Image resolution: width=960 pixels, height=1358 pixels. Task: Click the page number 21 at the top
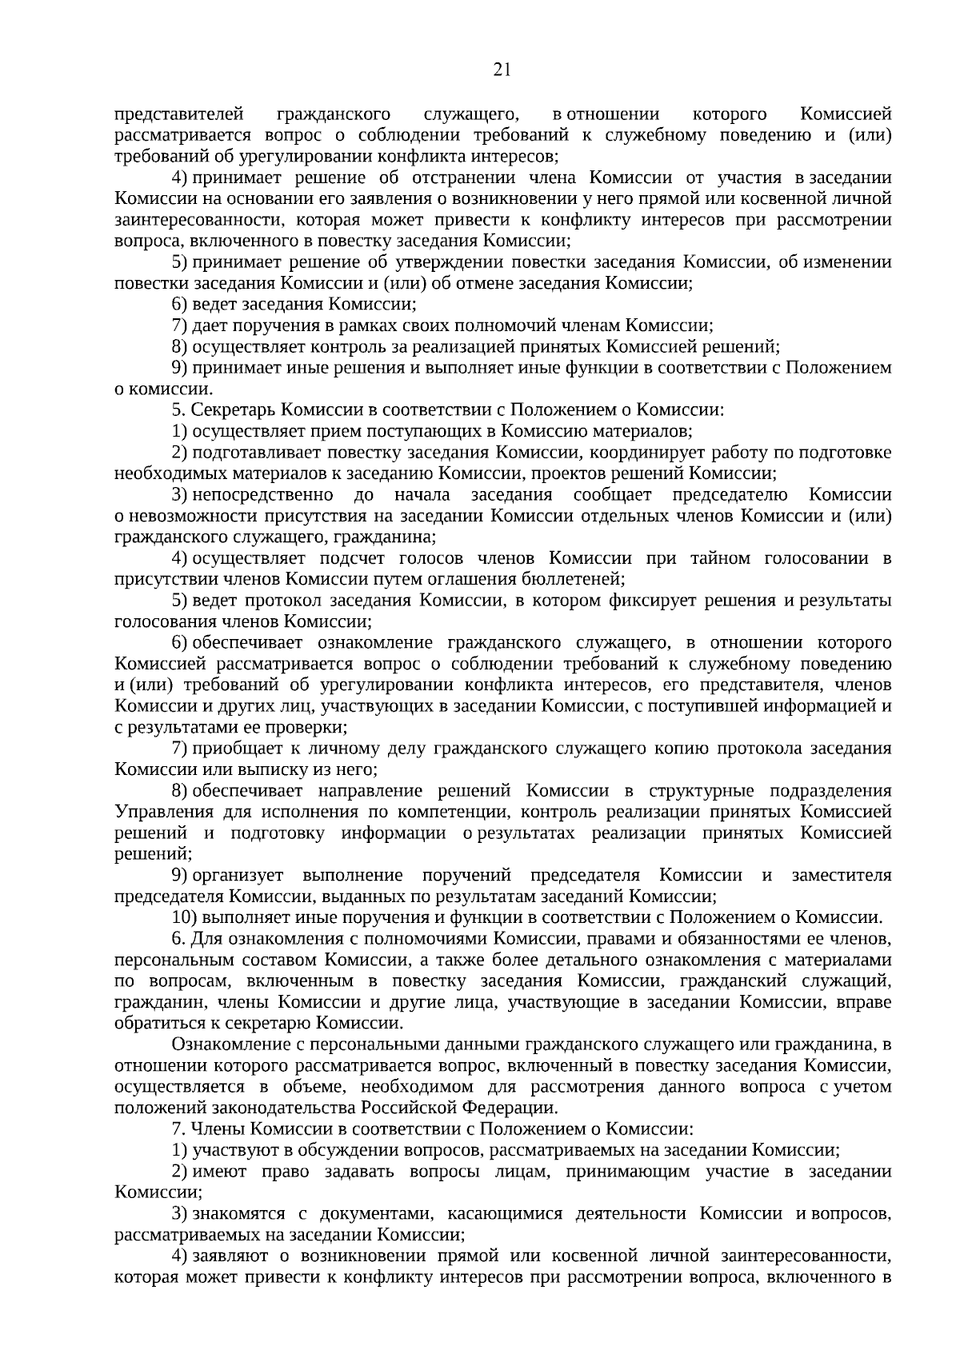pos(502,70)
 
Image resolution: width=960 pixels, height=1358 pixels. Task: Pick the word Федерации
pos(517,1108)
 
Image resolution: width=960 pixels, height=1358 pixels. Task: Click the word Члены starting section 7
pos(217,1129)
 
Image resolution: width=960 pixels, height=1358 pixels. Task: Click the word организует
pos(236,875)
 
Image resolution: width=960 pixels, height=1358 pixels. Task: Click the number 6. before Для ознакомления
pos(179,938)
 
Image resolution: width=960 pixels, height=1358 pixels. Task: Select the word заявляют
pos(230,1256)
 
